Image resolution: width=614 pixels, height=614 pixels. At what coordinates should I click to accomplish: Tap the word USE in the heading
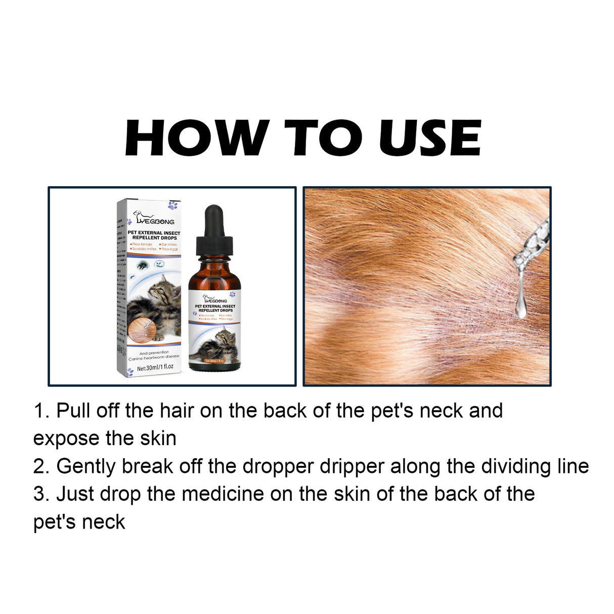pyautogui.click(x=429, y=138)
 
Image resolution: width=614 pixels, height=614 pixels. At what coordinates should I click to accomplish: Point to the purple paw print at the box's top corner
pyautogui.click(x=173, y=206)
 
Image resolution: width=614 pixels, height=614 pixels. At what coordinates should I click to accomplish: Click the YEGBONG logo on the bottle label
pyautogui.click(x=214, y=299)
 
